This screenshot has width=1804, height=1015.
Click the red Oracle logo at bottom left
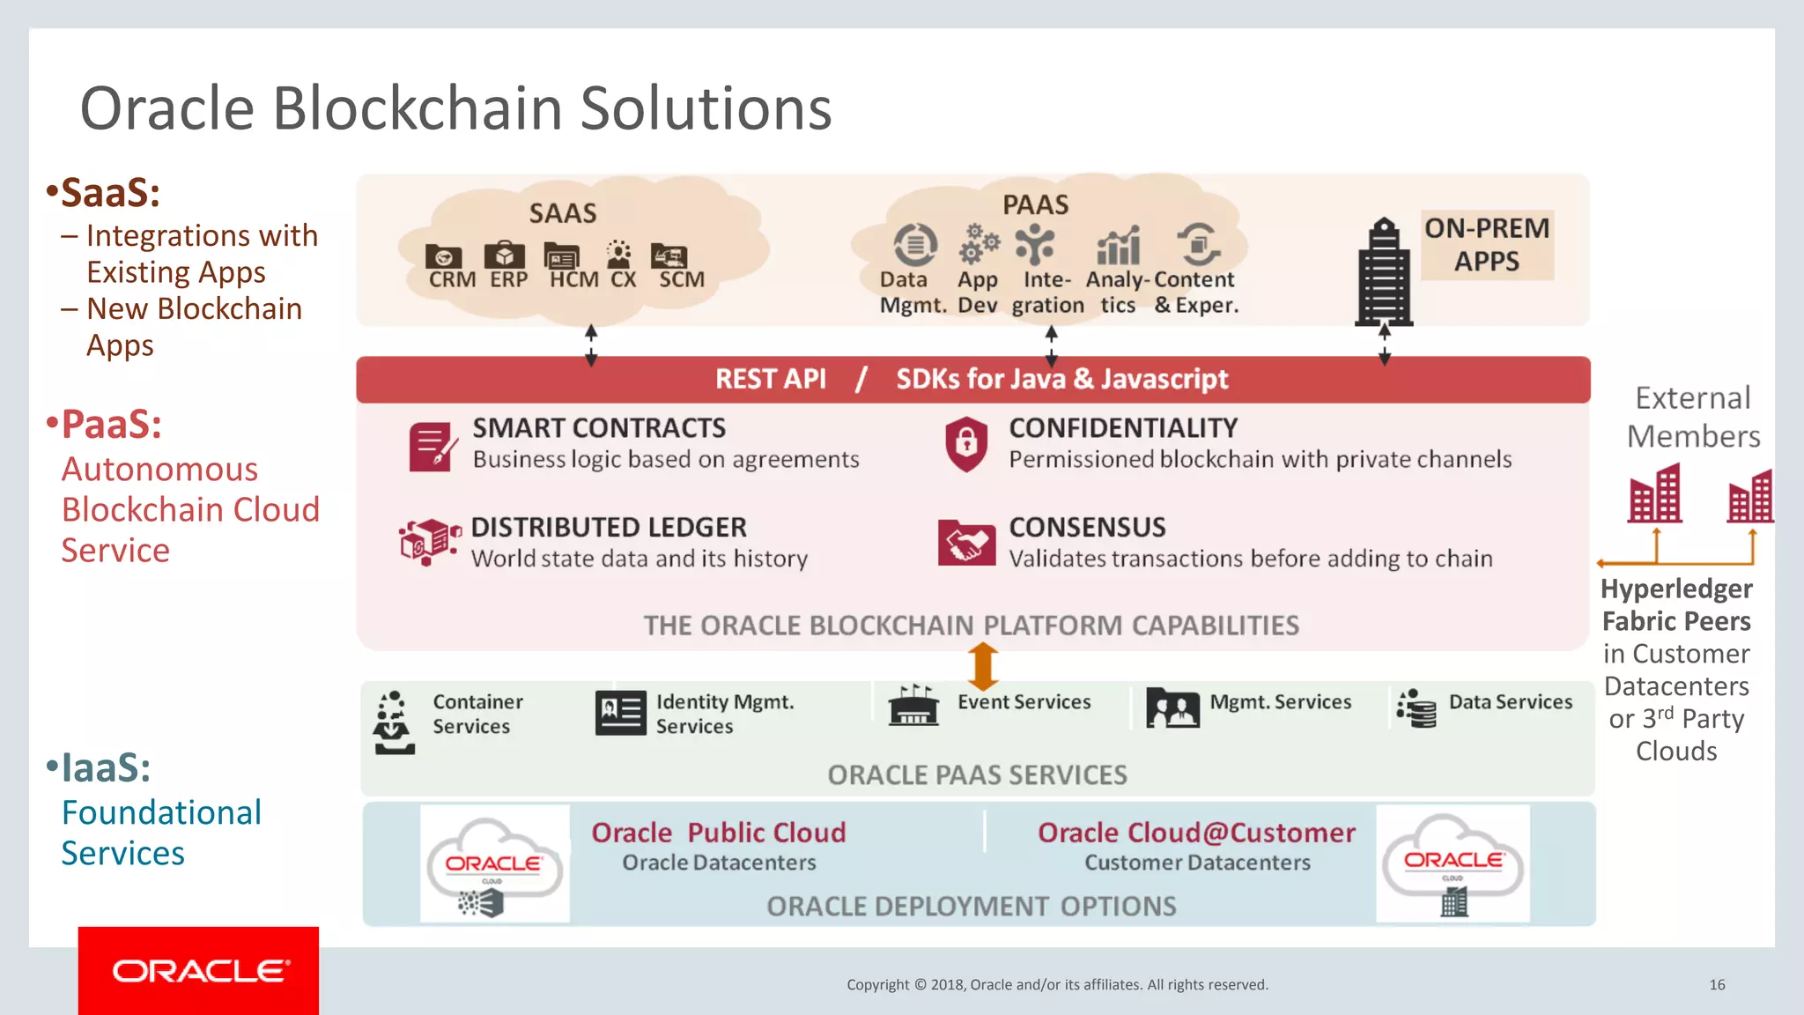tap(199, 970)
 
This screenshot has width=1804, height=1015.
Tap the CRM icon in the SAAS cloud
tap(443, 257)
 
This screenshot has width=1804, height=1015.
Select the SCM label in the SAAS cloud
tap(682, 279)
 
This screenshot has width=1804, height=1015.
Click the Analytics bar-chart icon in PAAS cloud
tap(1118, 246)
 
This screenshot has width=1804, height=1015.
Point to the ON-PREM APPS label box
tap(1487, 245)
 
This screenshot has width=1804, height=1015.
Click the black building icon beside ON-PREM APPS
tap(1385, 272)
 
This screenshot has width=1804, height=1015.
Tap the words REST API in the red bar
tap(770, 379)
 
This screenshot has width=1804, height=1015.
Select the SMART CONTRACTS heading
tap(599, 428)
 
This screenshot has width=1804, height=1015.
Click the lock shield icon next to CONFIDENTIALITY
tap(965, 443)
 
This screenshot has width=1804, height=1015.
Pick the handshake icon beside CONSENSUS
tap(965, 542)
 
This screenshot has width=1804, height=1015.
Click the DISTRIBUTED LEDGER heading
tap(609, 528)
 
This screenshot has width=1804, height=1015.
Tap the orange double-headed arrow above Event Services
tap(983, 666)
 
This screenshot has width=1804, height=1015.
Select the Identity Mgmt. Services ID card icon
tap(620, 713)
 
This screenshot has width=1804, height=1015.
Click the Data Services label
tap(1510, 702)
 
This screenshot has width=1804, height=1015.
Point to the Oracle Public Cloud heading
tap(718, 833)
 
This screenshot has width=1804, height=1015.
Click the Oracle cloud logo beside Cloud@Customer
tap(1453, 864)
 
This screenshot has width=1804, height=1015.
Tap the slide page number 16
tap(1717, 985)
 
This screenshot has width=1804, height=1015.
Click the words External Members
tap(1692, 417)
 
